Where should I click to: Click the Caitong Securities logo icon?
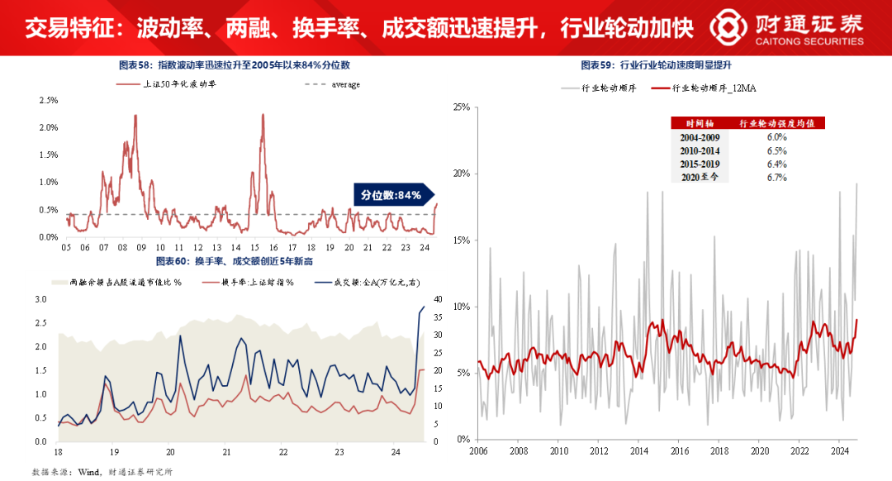(731, 27)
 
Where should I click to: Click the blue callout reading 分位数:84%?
(391, 195)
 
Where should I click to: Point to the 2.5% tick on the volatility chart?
(48, 100)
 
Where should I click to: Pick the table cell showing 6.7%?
(776, 178)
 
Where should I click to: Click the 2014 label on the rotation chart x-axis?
(638, 451)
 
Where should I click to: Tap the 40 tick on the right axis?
(439, 299)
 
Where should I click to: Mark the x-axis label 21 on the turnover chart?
(226, 452)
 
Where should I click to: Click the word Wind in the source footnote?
(89, 472)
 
